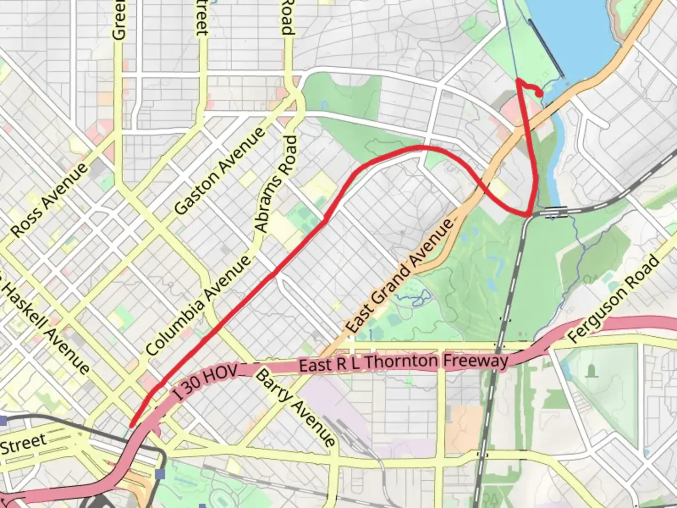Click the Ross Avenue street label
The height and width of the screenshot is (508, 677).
point(49,200)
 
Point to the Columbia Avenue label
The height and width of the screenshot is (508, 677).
point(198,306)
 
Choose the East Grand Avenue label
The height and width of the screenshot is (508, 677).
point(400,276)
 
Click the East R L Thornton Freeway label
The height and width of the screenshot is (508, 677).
point(403,362)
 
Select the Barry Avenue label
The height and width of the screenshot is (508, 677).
point(296,407)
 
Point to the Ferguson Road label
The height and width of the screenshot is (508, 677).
point(614,299)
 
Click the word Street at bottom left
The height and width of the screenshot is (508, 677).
point(23,443)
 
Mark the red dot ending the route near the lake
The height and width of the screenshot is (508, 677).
point(541,94)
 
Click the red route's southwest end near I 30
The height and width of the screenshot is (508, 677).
point(132,425)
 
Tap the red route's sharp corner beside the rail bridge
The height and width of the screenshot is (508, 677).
point(530,215)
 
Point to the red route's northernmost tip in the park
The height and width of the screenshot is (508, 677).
point(518,80)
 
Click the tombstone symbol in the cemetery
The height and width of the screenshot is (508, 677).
point(590,371)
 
